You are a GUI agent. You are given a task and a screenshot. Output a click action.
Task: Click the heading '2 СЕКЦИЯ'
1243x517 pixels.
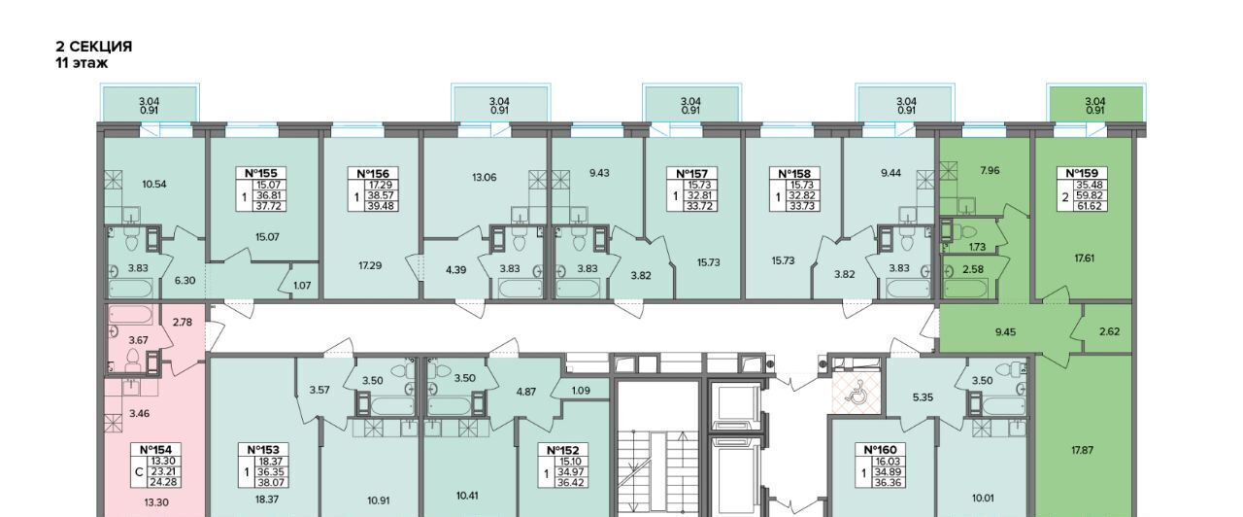click(x=94, y=47)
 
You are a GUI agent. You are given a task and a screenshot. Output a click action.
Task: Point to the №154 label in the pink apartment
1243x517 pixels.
click(x=155, y=450)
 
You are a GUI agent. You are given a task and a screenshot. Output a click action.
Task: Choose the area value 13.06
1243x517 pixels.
click(x=484, y=178)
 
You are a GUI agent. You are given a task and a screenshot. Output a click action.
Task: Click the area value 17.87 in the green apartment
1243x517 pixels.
click(x=1082, y=450)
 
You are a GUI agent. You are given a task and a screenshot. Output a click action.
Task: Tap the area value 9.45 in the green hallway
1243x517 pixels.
click(x=1005, y=332)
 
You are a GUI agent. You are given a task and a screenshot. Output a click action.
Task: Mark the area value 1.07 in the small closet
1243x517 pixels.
click(x=302, y=286)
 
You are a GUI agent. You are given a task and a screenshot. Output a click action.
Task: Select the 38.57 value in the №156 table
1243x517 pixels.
click(x=382, y=195)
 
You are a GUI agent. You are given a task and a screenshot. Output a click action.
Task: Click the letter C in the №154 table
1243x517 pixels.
click(x=139, y=472)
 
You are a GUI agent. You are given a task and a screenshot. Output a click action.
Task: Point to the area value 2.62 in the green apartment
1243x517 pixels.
click(x=1109, y=331)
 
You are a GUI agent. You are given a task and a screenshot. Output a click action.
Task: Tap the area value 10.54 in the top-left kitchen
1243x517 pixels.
click(x=154, y=184)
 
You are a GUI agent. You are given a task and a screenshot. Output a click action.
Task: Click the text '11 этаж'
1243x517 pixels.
click(x=82, y=63)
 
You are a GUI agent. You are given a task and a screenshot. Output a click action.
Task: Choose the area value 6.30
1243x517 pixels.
click(x=185, y=281)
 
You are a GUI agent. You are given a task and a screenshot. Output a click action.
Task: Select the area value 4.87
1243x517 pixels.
click(x=526, y=392)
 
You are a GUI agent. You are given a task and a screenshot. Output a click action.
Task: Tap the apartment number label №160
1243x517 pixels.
click(x=881, y=450)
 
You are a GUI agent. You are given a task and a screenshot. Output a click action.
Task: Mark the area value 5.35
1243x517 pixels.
click(x=923, y=397)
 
